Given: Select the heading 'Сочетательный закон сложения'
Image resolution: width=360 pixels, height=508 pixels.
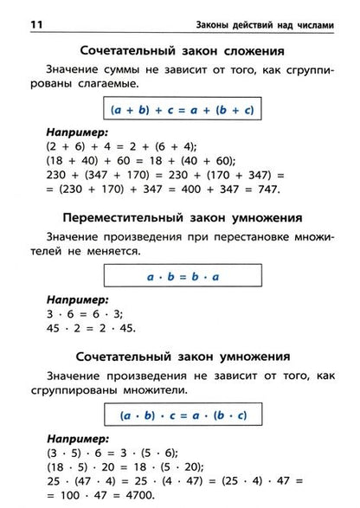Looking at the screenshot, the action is click(179, 50).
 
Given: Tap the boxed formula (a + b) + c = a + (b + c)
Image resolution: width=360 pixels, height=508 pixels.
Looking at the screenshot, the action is click(179, 110).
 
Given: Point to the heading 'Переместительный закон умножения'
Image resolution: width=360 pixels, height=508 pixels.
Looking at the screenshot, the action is click(179, 216).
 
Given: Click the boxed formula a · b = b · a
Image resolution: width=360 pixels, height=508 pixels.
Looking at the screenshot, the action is click(179, 276).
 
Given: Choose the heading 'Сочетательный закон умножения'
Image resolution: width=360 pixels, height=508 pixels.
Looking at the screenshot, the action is click(179, 357).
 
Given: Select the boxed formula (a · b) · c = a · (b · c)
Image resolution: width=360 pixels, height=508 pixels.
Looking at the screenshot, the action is click(179, 415).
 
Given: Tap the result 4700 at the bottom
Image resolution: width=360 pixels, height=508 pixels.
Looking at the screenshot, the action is click(136, 498).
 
